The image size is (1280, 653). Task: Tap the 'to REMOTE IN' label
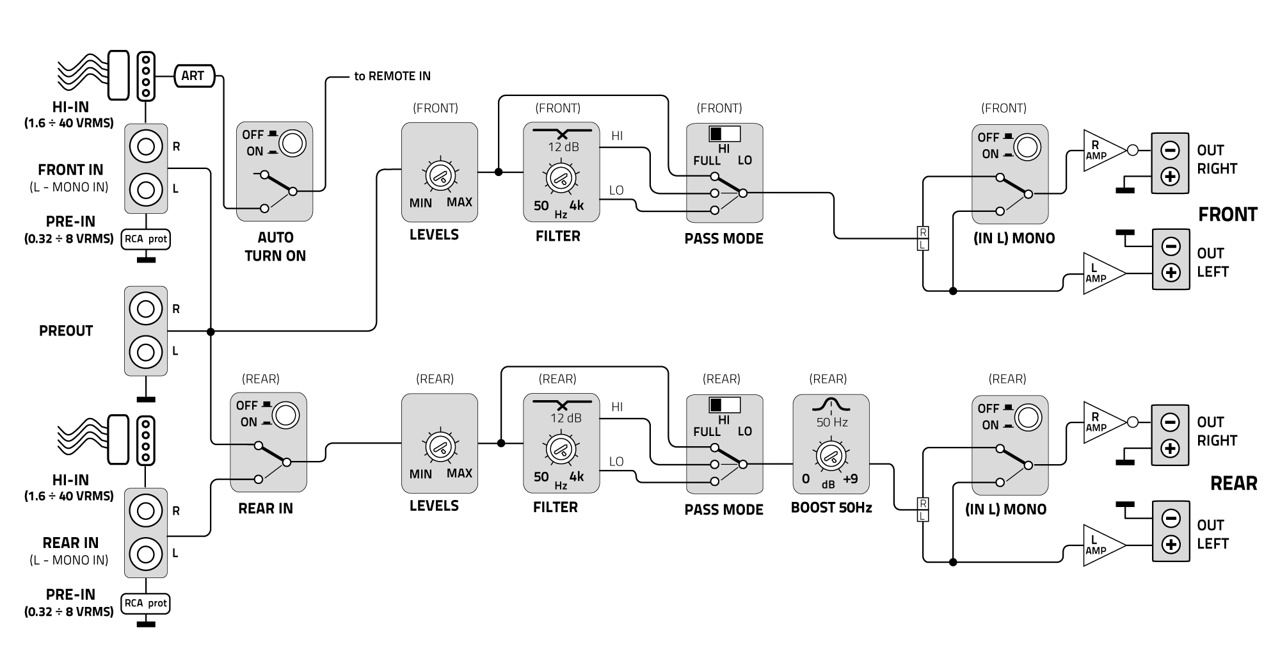coord(392,76)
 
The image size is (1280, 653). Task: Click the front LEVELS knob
coord(440,175)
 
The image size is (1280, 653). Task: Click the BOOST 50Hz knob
coord(831,456)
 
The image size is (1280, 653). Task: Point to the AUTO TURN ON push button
coord(292,144)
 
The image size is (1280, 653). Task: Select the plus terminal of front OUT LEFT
coord(1171,273)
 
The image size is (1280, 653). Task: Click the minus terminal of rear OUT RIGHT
coord(1170,423)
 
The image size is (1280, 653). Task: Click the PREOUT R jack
coord(146,309)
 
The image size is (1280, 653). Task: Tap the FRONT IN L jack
coord(146,189)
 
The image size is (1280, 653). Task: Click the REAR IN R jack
coord(146,511)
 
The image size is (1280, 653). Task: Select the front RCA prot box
coord(146,239)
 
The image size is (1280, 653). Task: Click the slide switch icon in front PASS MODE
coord(724,134)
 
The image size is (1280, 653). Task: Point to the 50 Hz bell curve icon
coord(831,404)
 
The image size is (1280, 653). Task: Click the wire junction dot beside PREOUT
coord(211,332)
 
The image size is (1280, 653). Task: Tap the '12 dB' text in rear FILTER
coord(566,418)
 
